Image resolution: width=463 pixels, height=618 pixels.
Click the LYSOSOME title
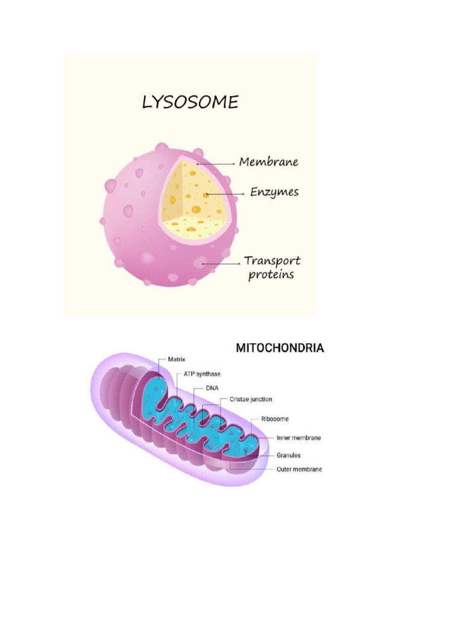[190, 103]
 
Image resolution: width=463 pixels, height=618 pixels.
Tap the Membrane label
[268, 162]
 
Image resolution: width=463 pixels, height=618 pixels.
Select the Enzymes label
[274, 193]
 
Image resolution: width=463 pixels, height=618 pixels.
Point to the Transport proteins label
[272, 268]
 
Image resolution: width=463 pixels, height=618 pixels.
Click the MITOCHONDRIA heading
[280, 348]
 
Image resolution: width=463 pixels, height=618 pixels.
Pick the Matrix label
[176, 359]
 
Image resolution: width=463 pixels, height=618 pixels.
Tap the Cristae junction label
[250, 400]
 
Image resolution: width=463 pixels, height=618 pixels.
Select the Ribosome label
[274, 419]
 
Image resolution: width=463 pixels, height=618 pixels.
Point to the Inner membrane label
[298, 438]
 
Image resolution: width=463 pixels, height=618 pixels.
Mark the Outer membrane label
[299, 470]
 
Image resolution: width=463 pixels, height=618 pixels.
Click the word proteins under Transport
[271, 275]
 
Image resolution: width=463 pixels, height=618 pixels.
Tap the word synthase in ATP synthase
[208, 374]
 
